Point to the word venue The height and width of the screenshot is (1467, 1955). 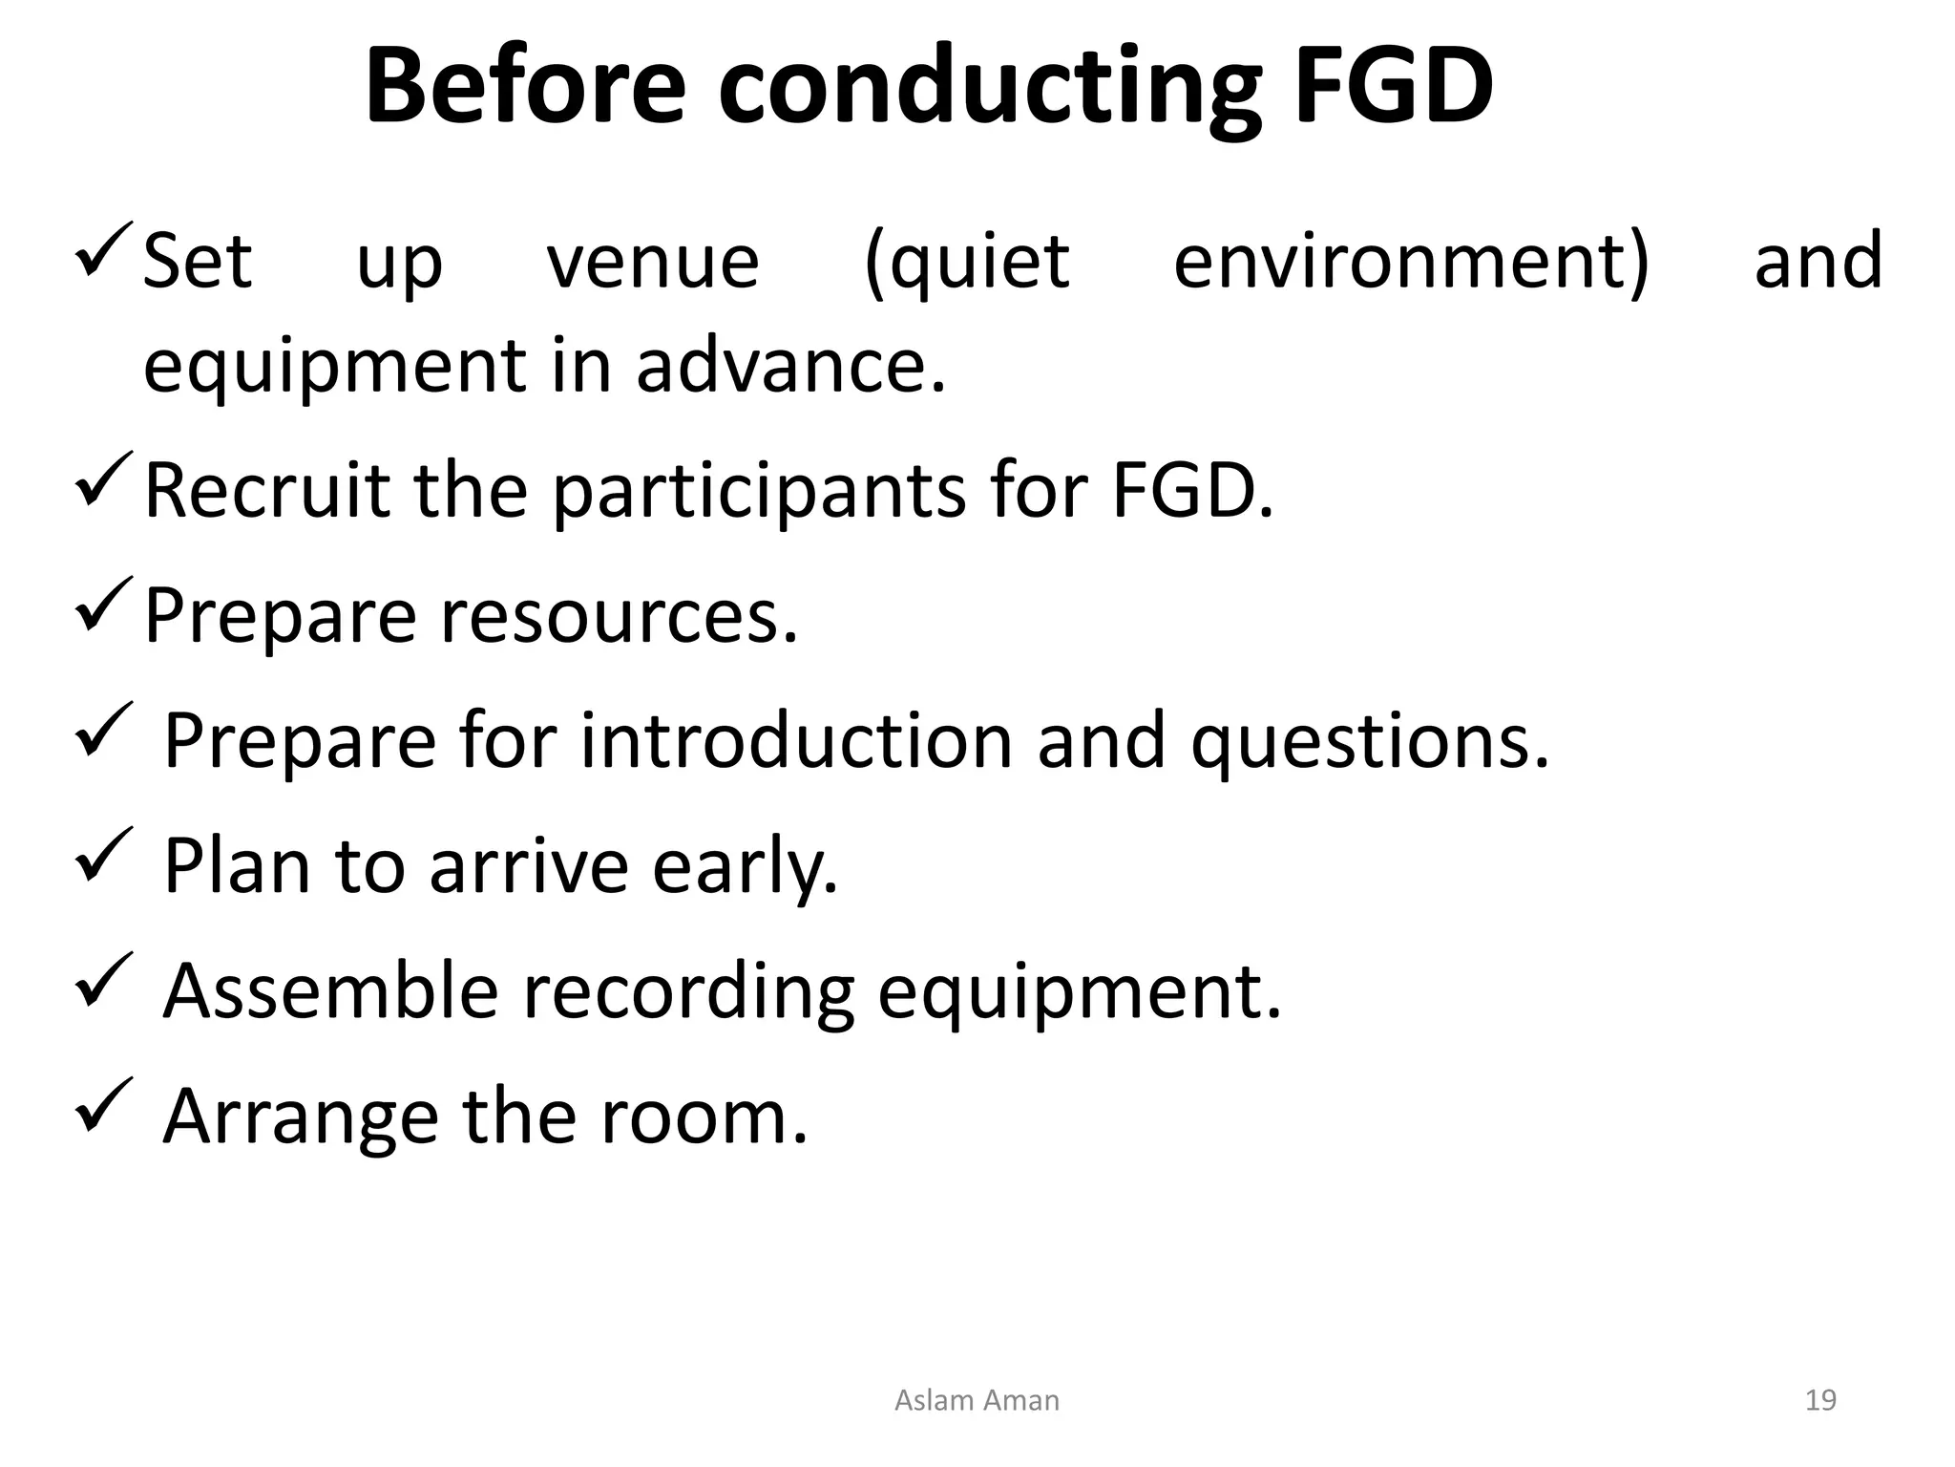pos(653,262)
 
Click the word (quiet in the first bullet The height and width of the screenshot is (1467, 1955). pos(966,264)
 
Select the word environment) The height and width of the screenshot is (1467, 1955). pos(1411,262)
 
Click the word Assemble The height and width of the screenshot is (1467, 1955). pos(330,990)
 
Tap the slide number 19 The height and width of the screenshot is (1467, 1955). pos(1820,1400)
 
